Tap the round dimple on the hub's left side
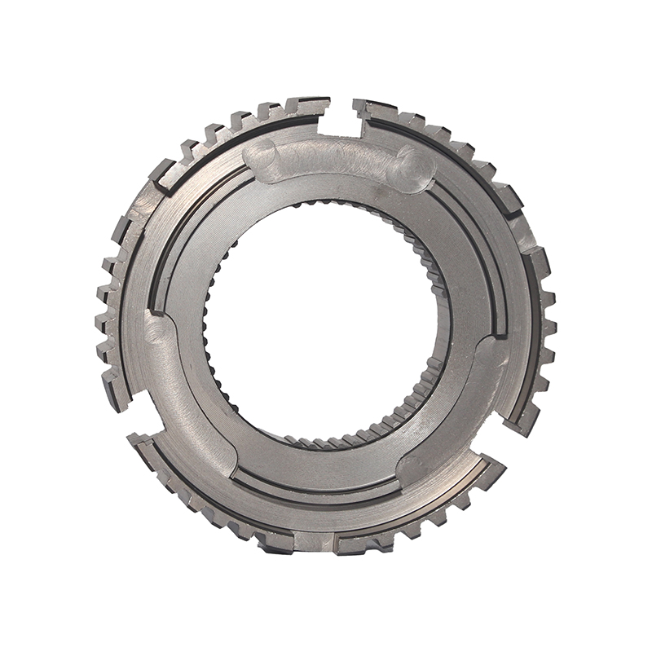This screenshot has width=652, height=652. point(157,329)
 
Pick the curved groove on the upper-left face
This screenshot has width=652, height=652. point(192,220)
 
